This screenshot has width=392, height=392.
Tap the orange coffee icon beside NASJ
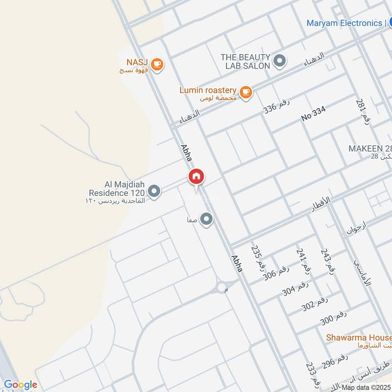tap(157, 64)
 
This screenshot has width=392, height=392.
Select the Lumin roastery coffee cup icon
tap(245, 91)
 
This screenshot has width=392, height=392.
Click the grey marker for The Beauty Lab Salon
tap(279, 61)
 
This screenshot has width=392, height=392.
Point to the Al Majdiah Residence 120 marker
tap(154, 192)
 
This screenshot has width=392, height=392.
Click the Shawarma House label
tap(359, 338)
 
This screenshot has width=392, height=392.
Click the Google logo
tap(20, 385)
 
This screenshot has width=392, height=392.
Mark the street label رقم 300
tap(333, 318)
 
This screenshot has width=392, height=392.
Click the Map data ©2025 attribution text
tap(367, 388)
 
